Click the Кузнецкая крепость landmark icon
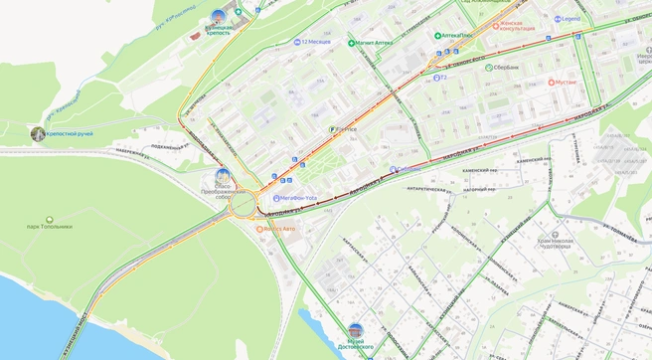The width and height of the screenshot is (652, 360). coord(219,16)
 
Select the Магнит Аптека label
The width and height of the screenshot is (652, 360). coord(375,43)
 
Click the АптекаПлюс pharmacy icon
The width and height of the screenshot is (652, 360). coord(437,36)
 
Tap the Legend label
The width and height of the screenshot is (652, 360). coord(570,19)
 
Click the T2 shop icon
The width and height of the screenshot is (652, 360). coord(435,78)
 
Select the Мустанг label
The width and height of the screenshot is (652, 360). coord(566,83)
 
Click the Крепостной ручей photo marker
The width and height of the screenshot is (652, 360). coord(38,133)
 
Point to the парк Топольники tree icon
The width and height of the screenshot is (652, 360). coord(50,220)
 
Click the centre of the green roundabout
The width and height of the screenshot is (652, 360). coord(243,207)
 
